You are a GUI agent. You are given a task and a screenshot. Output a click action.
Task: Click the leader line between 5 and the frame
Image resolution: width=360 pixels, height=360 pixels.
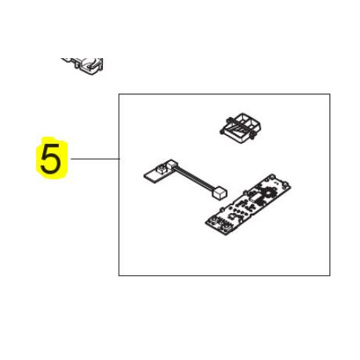(94, 160)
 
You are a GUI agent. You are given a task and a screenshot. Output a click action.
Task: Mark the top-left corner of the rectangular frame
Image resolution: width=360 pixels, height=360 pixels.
(119, 96)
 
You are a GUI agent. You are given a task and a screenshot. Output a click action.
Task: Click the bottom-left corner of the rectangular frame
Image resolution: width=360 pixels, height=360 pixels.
(119, 275)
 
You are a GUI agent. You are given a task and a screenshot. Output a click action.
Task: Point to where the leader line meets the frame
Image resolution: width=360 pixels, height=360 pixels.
(119, 160)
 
